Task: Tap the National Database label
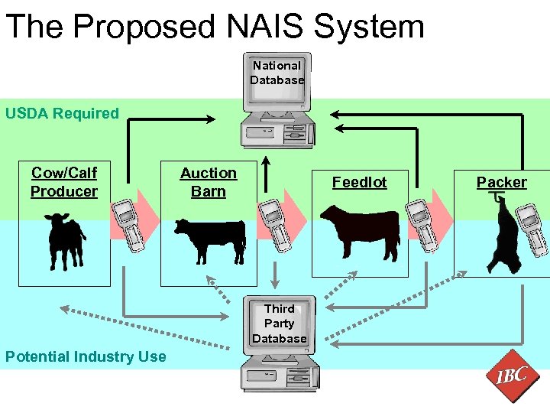[x=277, y=73]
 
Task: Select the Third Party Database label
[x=279, y=324]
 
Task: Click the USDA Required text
[x=62, y=113]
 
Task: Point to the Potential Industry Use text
[x=85, y=356]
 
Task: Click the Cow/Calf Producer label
[x=64, y=182]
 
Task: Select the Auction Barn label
[x=209, y=183]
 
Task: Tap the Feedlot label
[x=359, y=182]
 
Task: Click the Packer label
[x=501, y=182]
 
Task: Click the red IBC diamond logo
[x=511, y=376]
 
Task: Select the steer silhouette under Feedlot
[x=360, y=231]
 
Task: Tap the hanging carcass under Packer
[x=504, y=237]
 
